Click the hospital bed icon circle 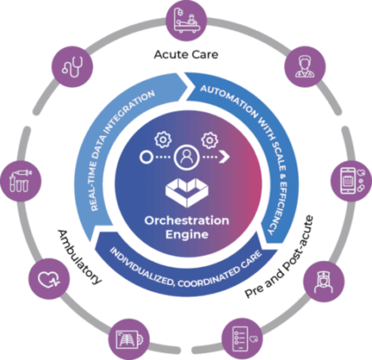(186, 20)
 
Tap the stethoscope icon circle (72, 67)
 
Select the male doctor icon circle (305, 67)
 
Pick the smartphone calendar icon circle (351, 181)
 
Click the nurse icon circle (324, 281)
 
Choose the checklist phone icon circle (242, 339)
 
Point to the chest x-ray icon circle (129, 339)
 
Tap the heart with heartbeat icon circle (49, 279)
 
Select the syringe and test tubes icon (20, 181)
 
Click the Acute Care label (186, 54)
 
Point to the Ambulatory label (79, 257)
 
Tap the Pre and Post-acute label (279, 257)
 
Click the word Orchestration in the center (187, 221)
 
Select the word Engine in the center (187, 235)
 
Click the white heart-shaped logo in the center (187, 193)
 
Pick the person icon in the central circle (187, 157)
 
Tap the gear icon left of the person (163, 139)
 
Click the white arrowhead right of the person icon (225, 157)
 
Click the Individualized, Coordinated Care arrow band (186, 270)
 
